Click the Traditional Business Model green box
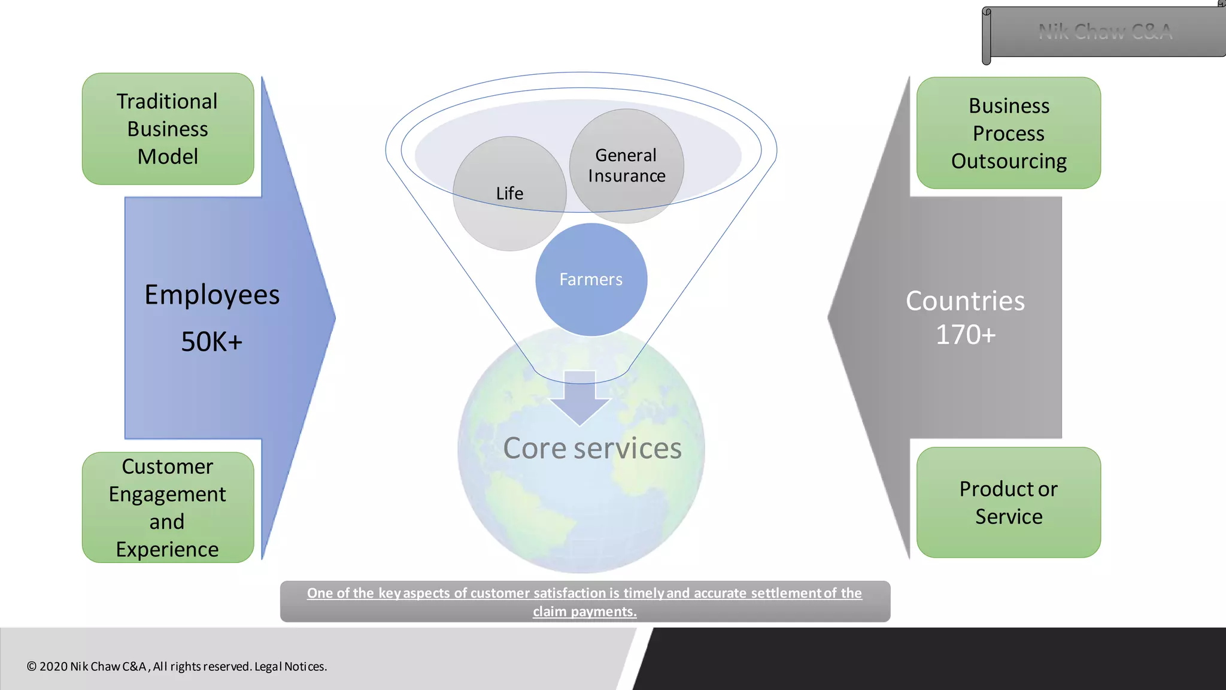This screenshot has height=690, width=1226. coord(168,129)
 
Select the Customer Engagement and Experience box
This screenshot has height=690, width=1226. coord(168,507)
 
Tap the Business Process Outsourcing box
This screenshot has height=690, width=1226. coord(1009,133)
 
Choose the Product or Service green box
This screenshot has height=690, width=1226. coord(1009,503)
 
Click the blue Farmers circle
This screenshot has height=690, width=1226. coord(591,280)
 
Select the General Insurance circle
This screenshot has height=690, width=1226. coord(626,165)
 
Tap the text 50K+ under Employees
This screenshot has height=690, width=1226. coord(211,342)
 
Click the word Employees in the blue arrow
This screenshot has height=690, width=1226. coord(212,295)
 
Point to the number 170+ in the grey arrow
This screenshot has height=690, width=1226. coord(965,335)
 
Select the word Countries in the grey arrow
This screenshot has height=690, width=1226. coord(965,301)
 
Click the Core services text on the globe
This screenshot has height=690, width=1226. coord(592,449)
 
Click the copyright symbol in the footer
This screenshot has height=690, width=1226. coord(32,667)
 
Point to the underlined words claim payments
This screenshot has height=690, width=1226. coord(584,612)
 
